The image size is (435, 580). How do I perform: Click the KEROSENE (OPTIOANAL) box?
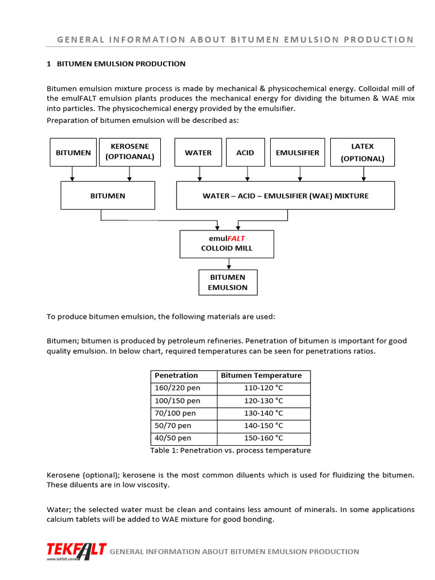click(x=129, y=152)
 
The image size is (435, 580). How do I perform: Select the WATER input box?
click(x=198, y=152)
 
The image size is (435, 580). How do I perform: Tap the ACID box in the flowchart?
click(x=245, y=152)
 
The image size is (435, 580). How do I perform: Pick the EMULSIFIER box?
click(x=297, y=152)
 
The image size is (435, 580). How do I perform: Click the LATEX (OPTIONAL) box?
click(x=362, y=152)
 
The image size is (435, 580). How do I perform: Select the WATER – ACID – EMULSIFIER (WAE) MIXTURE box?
click(x=285, y=195)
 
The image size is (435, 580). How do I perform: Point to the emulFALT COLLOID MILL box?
click(x=227, y=244)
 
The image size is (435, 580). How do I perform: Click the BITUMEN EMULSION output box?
click(x=228, y=282)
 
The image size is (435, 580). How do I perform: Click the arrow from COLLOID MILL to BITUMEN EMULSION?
click(x=229, y=264)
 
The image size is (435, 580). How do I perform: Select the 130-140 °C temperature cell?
click(x=263, y=413)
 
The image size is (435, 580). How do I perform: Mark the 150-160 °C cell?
click(x=263, y=438)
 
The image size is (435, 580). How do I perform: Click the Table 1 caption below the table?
click(x=230, y=450)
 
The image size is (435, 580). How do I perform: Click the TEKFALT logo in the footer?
click(x=76, y=551)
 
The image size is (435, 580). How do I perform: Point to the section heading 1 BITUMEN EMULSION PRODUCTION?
click(x=116, y=64)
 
